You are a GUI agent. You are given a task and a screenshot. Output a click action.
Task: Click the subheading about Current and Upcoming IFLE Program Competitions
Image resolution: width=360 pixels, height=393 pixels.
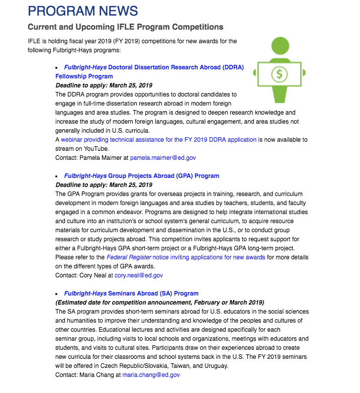(x=125, y=27)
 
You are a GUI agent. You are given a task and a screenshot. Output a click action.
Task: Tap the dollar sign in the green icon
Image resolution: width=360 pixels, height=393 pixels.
(x=279, y=74)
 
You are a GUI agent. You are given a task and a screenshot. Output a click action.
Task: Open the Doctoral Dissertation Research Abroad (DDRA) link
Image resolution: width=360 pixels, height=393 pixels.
(x=154, y=67)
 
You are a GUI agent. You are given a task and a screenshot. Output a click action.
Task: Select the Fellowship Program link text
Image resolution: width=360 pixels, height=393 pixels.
(x=84, y=76)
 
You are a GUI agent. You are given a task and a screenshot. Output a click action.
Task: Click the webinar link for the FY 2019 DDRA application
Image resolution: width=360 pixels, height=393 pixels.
(x=159, y=140)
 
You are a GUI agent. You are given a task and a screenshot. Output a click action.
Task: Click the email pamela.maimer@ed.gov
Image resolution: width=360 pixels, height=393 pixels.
(x=163, y=158)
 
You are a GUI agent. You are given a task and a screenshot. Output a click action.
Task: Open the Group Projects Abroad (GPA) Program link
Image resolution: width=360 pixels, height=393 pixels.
(x=142, y=176)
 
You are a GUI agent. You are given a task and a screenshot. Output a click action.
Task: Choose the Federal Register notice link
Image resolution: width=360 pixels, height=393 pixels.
(x=186, y=257)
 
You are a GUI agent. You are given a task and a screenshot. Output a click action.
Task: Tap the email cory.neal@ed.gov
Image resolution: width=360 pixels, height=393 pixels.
(x=139, y=275)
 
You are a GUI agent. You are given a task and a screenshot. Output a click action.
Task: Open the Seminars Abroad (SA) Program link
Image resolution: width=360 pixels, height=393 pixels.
(x=131, y=293)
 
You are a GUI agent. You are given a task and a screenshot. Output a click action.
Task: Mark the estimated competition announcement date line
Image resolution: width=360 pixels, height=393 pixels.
(x=159, y=303)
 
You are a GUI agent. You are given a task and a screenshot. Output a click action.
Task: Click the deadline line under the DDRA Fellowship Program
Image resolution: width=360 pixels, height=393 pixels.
(x=104, y=85)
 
